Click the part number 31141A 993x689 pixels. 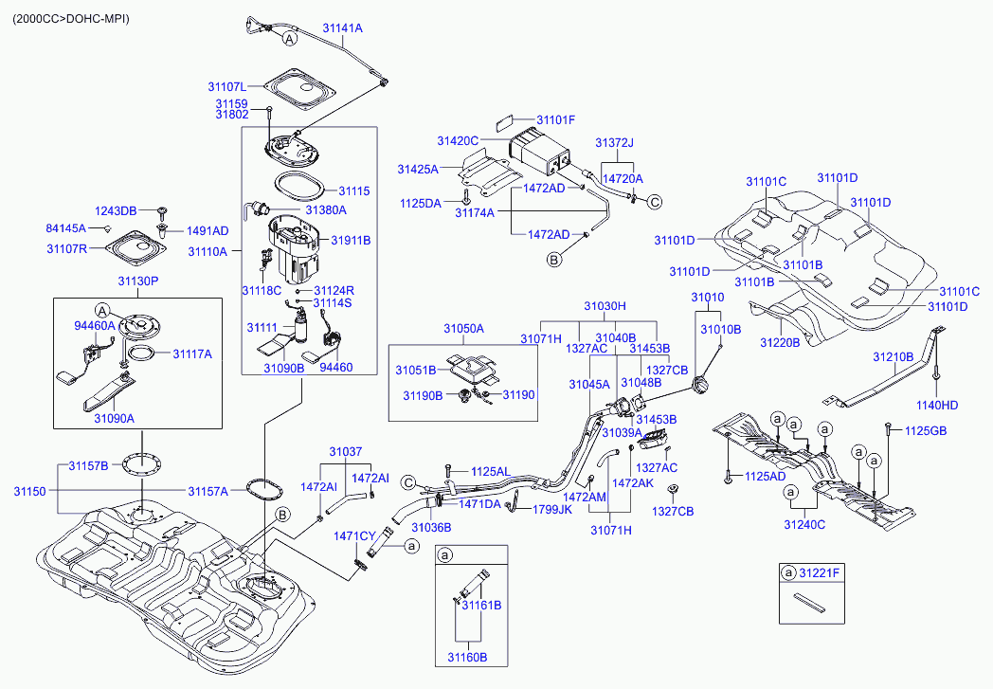click(x=342, y=28)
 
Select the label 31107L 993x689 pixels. click(x=228, y=86)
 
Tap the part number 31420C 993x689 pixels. click(x=458, y=140)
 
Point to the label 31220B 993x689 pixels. click(x=780, y=342)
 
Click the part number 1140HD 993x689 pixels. click(x=937, y=406)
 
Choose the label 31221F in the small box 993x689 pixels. click(x=821, y=573)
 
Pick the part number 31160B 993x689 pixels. click(x=467, y=656)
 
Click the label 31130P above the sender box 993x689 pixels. click(x=138, y=281)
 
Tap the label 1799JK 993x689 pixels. click(x=551, y=509)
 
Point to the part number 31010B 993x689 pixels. click(x=720, y=329)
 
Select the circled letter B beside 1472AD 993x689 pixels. click(x=554, y=257)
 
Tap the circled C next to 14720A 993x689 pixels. click(x=654, y=201)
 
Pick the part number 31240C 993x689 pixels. click(x=804, y=524)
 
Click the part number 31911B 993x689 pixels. click(x=351, y=241)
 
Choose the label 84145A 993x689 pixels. click(x=65, y=228)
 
